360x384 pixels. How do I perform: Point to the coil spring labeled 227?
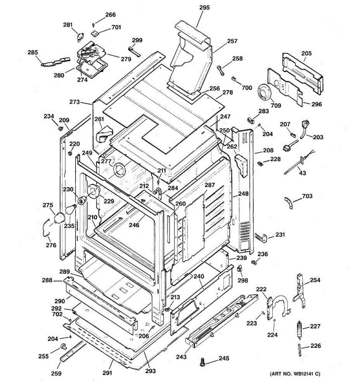click(x=300, y=330)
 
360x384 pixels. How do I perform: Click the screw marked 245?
click(x=202, y=362)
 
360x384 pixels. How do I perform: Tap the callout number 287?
click(x=210, y=185)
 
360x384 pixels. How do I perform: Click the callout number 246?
click(x=134, y=225)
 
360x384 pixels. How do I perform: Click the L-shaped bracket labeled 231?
click(x=261, y=237)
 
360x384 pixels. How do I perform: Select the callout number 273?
click(x=75, y=102)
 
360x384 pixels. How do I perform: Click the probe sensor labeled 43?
click(x=294, y=165)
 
